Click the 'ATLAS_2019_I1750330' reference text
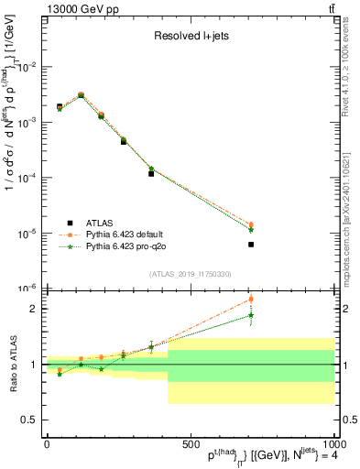[190, 274]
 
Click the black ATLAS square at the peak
[81, 96]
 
